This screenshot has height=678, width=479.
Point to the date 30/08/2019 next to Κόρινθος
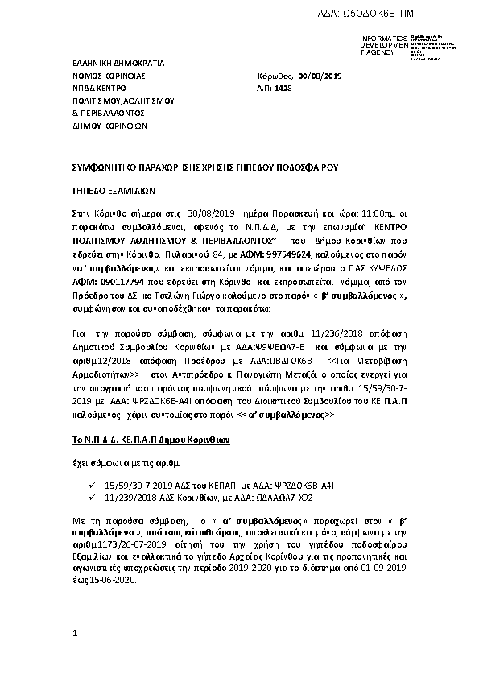pyautogui.click(x=320, y=75)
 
